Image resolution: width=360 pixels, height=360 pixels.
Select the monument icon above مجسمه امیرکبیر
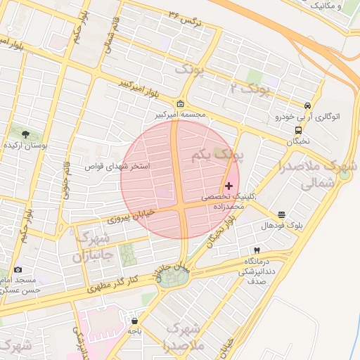(181, 103)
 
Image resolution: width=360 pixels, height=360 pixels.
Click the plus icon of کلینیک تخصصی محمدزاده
(229, 185)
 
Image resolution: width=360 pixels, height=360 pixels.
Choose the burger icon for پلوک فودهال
(281, 214)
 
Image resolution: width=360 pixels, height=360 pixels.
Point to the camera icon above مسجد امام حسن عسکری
(18, 269)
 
